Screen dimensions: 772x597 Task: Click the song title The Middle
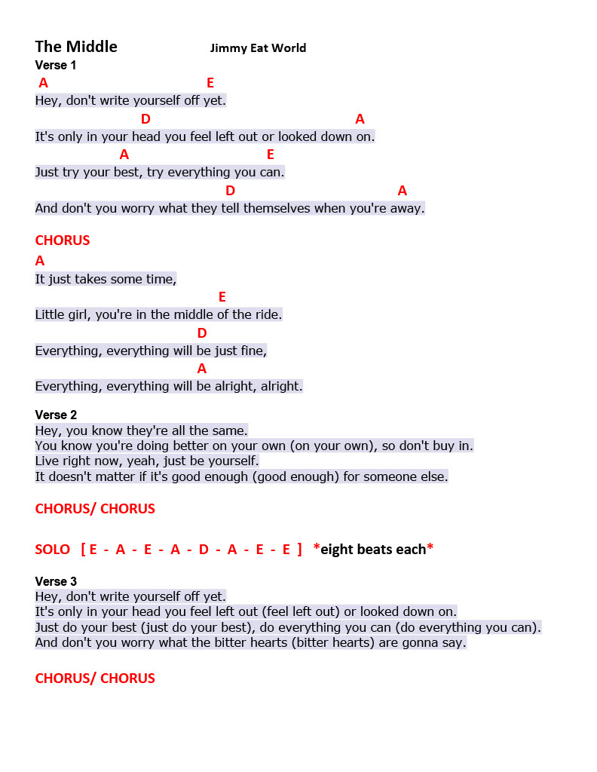click(76, 47)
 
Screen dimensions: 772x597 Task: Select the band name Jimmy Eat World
click(258, 48)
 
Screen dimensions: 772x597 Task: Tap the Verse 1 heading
click(56, 66)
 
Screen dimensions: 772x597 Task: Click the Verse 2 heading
click(56, 415)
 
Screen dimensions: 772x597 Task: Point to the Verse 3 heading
click(56, 581)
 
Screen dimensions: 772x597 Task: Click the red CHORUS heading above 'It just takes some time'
click(63, 240)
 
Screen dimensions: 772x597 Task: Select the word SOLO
click(53, 550)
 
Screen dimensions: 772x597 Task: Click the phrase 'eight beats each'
click(373, 550)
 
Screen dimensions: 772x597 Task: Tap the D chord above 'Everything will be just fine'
click(202, 333)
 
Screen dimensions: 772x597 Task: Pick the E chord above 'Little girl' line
click(222, 297)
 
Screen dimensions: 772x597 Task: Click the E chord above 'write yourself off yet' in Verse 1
click(210, 83)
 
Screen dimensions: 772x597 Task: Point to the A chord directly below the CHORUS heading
click(40, 261)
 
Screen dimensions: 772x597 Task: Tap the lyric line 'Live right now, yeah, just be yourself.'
click(147, 461)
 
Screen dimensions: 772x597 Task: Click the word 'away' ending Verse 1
click(407, 208)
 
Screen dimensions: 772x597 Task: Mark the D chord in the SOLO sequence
click(204, 550)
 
